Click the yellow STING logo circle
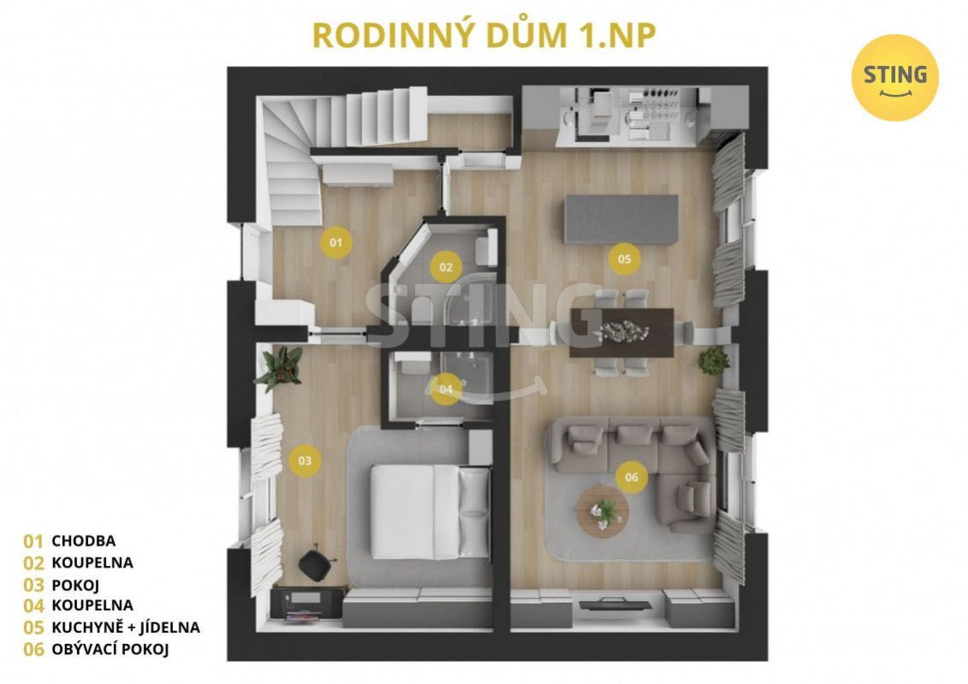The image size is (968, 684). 894,78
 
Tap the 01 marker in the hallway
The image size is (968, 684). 336,242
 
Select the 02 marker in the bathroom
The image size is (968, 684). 446,267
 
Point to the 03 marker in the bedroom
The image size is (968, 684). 305,461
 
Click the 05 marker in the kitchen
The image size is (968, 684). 624,259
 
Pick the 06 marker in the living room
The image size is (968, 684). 632,477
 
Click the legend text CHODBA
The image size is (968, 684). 83,541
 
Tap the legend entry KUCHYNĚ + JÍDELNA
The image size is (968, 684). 126,627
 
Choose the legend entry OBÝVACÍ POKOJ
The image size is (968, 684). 110,649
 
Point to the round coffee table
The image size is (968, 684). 603,512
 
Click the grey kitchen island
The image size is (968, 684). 621,219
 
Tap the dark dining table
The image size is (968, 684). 621,333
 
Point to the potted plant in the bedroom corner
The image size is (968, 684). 280,368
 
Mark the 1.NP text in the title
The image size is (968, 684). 617,36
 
